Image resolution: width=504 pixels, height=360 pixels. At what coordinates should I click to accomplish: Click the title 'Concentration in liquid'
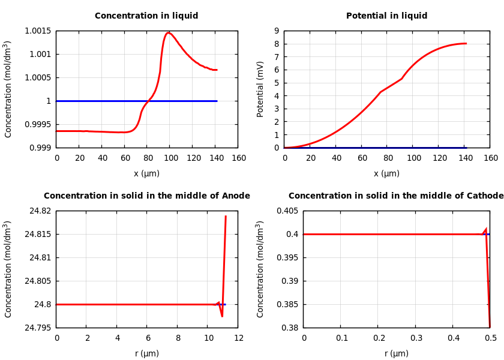(x=146, y=16)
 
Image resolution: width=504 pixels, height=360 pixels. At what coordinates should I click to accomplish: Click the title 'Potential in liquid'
(x=386, y=16)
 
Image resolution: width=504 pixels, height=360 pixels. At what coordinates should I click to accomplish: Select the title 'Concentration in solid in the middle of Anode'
(x=146, y=196)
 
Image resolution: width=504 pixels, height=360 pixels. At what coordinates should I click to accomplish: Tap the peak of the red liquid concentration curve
(x=169, y=33)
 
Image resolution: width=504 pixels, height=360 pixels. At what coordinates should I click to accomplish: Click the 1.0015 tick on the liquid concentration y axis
(x=38, y=31)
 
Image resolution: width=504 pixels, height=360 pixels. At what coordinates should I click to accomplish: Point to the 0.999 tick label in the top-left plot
(x=40, y=148)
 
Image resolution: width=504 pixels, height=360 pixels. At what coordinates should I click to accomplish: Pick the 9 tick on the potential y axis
(x=276, y=31)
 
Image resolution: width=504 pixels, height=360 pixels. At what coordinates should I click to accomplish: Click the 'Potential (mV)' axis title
(x=260, y=89)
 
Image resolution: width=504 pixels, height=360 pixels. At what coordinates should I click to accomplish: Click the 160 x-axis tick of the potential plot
(x=490, y=158)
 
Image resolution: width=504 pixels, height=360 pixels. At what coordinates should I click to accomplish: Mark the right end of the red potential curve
(x=466, y=43)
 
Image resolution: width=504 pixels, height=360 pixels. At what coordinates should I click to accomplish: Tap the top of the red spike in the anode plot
(x=226, y=216)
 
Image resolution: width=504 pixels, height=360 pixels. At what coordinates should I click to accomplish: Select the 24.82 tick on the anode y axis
(x=40, y=211)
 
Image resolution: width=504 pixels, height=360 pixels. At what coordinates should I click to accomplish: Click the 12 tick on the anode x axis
(x=238, y=338)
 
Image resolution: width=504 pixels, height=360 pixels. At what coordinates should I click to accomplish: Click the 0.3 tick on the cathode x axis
(x=416, y=338)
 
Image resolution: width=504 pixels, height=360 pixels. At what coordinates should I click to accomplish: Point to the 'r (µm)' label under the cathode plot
(x=396, y=353)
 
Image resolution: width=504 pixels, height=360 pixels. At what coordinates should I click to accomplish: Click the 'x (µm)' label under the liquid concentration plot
(x=146, y=173)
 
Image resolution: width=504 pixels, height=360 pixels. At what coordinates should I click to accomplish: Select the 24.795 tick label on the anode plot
(x=38, y=328)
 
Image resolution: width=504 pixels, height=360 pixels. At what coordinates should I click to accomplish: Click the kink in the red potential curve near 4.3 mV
(x=380, y=92)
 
